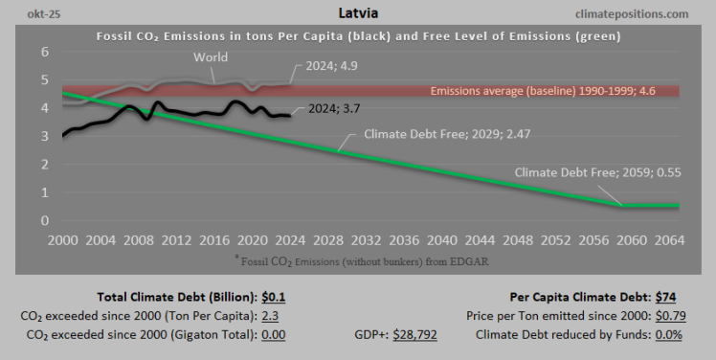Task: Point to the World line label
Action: tap(211, 57)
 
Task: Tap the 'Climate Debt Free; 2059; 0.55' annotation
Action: tap(597, 173)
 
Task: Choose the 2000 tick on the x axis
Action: tap(62, 239)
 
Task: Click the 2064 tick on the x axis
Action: tap(664, 239)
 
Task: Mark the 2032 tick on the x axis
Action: tap(363, 239)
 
